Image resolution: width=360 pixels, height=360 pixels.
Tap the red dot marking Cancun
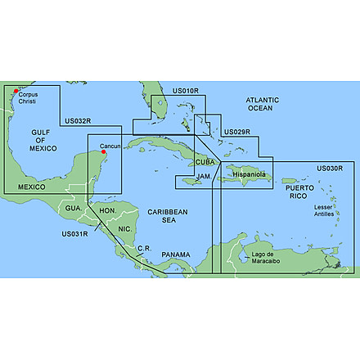click(x=104, y=152)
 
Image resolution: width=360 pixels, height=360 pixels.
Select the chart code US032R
click(x=78, y=120)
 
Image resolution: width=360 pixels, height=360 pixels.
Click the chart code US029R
click(x=237, y=132)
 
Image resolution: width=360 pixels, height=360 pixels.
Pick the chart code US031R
click(x=74, y=233)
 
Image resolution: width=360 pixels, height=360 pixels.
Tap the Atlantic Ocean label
click(x=263, y=104)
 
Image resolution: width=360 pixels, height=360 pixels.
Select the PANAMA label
click(x=175, y=255)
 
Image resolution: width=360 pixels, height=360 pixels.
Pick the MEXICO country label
click(x=31, y=187)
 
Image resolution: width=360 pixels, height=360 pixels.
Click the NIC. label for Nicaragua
click(x=124, y=228)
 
